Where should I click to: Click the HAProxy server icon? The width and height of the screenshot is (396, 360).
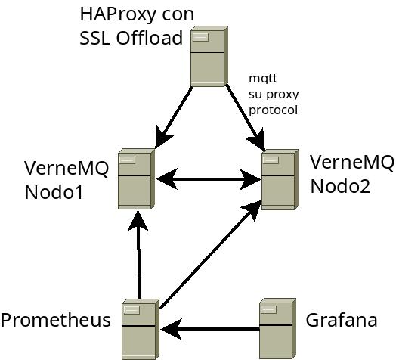[209, 56]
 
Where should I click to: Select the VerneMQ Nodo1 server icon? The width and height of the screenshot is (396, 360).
[136, 178]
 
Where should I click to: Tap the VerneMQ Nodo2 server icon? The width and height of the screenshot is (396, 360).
[280, 179]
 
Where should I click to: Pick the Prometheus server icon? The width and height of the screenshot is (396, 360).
[141, 330]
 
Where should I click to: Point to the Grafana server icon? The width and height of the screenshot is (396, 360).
[278, 329]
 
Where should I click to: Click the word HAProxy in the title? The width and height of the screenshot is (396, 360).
[117, 14]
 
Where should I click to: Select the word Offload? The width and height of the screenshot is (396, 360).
[150, 38]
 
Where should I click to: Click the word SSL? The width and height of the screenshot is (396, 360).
[95, 38]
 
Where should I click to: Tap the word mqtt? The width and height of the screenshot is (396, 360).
[263, 79]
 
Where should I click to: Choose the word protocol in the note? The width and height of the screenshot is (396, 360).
[274, 110]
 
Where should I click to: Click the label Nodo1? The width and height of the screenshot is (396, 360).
[54, 192]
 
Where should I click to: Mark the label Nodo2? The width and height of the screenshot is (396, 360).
[340, 186]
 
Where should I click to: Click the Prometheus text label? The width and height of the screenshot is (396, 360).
[56, 320]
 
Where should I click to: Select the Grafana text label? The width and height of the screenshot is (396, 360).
[342, 320]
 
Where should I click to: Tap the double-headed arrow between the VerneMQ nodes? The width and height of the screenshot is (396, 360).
[209, 179]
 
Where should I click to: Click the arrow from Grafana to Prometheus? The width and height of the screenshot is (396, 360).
[210, 329]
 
